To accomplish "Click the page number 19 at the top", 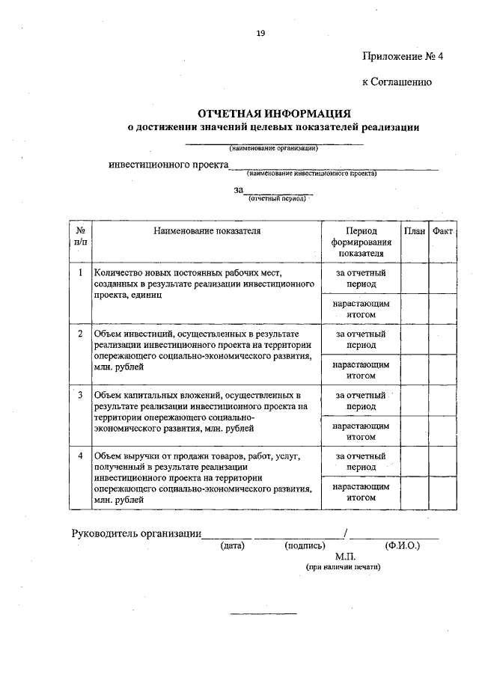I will tap(260, 33).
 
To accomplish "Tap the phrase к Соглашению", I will tap(397, 82).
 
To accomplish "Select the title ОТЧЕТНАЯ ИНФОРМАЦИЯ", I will tap(274, 114).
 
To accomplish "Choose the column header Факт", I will tap(442, 232).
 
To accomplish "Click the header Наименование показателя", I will tap(207, 232).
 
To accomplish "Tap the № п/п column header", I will tap(80, 237).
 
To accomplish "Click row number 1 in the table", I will tap(80, 272).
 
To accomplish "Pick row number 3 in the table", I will tap(80, 393).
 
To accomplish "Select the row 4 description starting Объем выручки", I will tap(202, 477).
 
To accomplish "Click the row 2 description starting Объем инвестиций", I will tap(202, 350).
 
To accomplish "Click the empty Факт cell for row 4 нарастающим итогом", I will tap(442, 491).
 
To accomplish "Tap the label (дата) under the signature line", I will tap(233, 546).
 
